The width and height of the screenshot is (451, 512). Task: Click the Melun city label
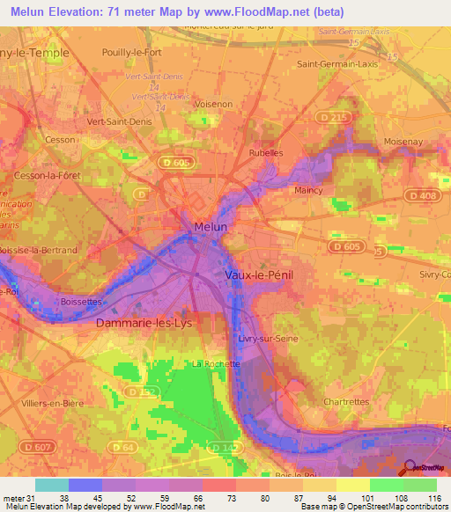click(x=211, y=227)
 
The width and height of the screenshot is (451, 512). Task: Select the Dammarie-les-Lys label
click(x=142, y=323)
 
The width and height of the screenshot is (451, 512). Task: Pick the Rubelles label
click(x=266, y=152)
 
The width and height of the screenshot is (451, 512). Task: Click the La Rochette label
click(x=211, y=363)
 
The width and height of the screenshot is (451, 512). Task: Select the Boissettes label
click(x=81, y=301)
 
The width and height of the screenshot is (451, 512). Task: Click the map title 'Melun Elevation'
click(x=67, y=12)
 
